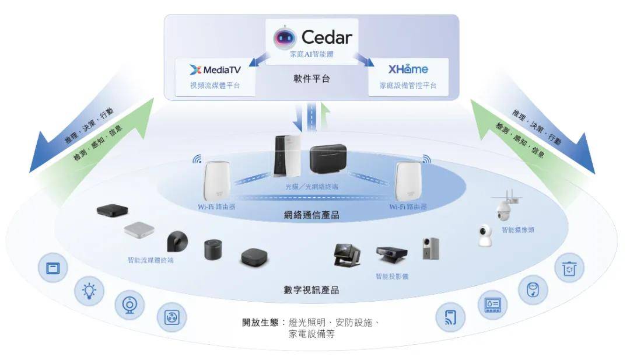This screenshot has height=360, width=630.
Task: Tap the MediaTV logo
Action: [215, 70]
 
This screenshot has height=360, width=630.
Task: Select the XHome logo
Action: [408, 69]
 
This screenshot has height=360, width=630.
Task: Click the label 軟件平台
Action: [311, 79]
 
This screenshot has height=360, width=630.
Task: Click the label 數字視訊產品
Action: [311, 290]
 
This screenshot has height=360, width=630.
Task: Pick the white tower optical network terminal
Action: [288, 155]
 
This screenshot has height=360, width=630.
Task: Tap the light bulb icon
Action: [90, 289]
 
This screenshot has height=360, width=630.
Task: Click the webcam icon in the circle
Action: [129, 305]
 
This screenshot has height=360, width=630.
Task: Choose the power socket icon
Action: [171, 317]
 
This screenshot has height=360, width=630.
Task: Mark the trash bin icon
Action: [569, 268]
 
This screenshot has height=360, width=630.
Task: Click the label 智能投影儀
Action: [392, 276]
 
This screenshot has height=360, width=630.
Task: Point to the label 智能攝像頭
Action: [518, 230]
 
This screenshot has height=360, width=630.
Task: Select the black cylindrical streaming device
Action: [214, 250]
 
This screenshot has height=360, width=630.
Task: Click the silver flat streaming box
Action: [139, 230]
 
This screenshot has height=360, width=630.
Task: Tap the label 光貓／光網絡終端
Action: [311, 187]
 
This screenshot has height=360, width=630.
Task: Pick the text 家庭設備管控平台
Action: [408, 86]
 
